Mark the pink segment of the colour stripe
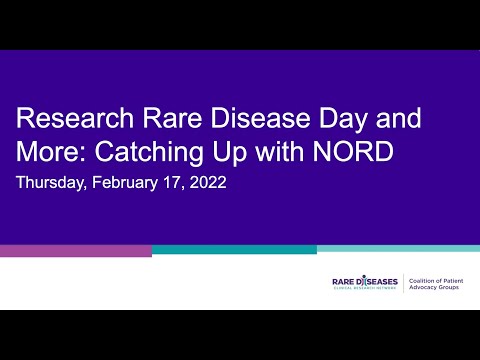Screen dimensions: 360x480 point(75,250)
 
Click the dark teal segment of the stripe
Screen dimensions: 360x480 point(234,249)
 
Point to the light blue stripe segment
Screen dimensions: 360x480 point(398,248)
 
